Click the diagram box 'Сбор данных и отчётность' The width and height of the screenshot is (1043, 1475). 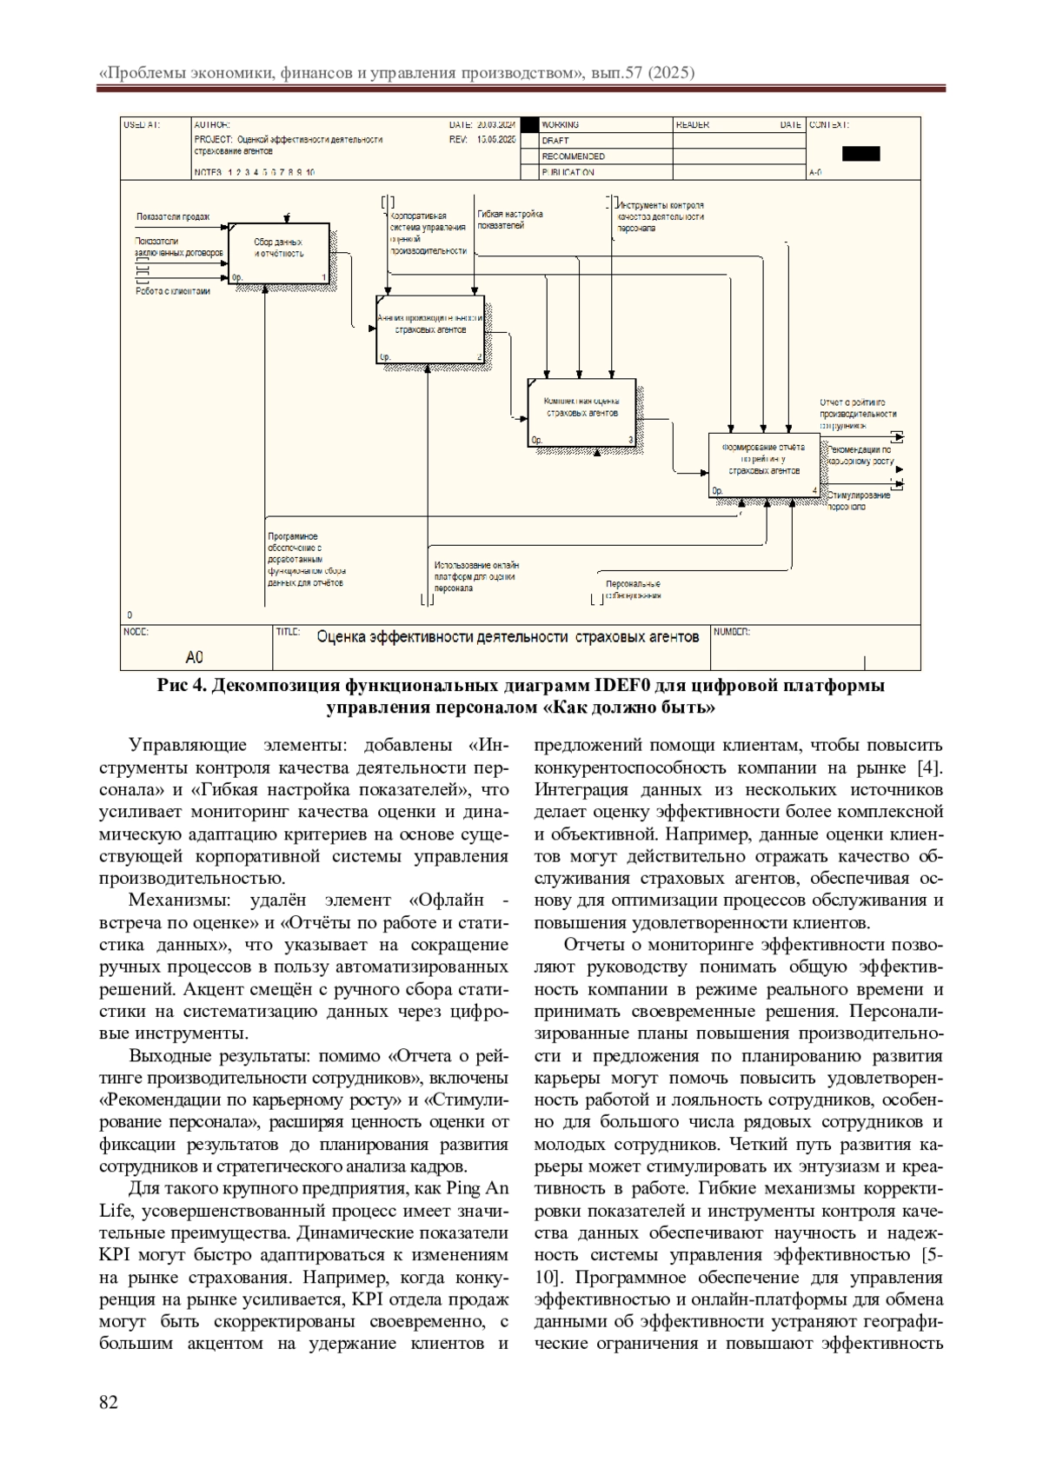(279, 253)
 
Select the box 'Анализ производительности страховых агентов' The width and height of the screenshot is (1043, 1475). (430, 329)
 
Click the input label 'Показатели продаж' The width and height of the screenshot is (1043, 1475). (173, 216)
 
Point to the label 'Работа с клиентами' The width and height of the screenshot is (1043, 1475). (173, 291)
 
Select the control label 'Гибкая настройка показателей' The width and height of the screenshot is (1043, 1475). (510, 219)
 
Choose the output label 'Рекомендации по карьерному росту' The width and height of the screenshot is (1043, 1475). (859, 455)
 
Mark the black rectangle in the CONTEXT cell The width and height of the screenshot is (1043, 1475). (860, 154)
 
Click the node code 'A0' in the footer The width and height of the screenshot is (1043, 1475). (195, 656)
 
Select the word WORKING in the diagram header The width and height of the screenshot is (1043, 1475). (561, 125)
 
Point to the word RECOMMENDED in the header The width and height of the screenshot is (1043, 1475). (574, 156)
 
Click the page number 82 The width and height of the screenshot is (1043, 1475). (109, 1401)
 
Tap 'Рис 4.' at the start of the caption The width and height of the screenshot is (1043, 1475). (181, 686)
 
